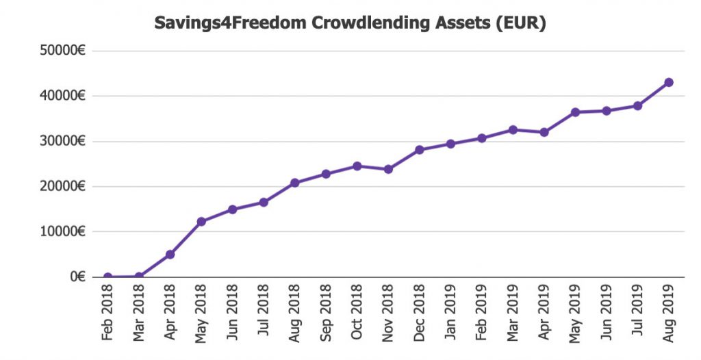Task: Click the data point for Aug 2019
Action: tap(669, 83)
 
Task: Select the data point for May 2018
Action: tap(201, 222)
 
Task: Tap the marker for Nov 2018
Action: tap(388, 169)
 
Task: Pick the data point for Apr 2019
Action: tap(544, 132)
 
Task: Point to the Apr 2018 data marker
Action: tap(170, 255)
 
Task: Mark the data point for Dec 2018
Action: tap(420, 150)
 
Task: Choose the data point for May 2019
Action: tap(575, 112)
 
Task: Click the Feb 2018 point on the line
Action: tap(107, 277)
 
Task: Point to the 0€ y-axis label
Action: tap(77, 277)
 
